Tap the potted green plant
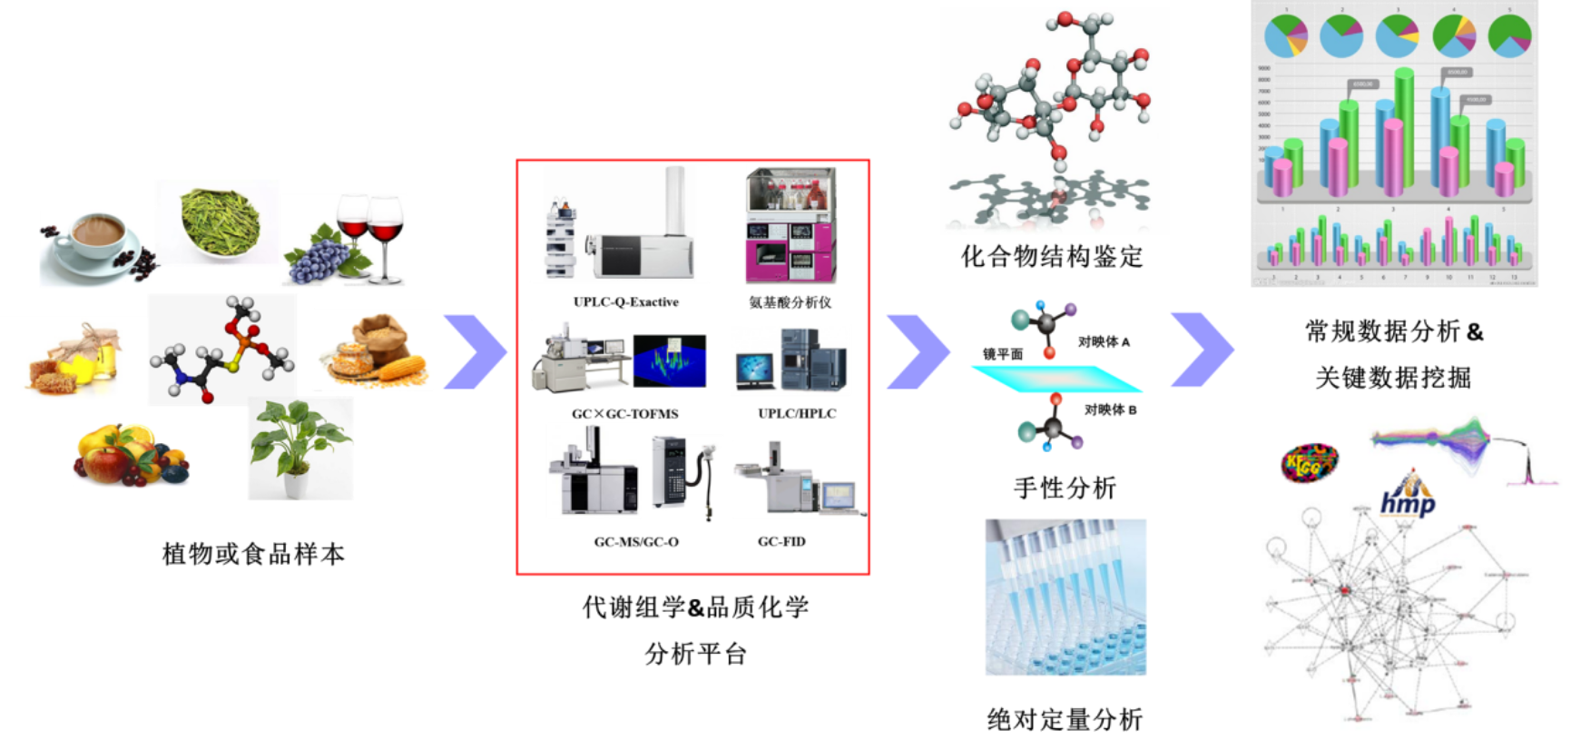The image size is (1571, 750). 300,445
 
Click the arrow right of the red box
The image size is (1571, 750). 918,352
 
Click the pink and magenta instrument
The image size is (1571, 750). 791,225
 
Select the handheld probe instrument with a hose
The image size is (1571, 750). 686,477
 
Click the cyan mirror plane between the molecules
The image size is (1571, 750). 1057,379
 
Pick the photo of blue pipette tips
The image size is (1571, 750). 1065,597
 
